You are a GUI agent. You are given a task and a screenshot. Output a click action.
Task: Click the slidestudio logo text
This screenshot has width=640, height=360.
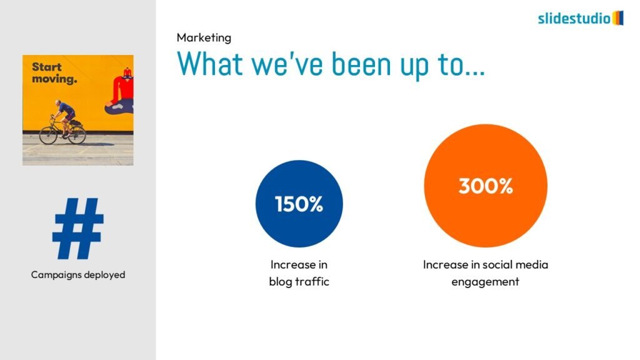pos(574,18)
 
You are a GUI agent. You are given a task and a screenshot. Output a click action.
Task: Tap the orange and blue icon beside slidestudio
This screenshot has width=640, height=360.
pos(618,18)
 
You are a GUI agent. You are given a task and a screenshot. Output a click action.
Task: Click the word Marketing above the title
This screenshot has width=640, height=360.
pos(204,38)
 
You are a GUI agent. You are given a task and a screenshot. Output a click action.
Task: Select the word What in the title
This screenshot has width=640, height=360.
pos(210,64)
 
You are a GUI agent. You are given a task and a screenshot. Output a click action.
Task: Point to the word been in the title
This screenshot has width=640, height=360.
pos(361,64)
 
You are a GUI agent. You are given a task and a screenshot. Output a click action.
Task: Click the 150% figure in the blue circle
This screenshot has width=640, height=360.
pos(299,204)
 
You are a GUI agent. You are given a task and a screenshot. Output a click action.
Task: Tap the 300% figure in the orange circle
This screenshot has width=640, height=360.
pos(486,186)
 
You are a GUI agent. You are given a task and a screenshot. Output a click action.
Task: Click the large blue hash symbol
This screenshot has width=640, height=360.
pos(78,229)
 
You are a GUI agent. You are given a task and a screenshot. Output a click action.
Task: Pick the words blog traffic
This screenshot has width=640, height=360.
pos(299,282)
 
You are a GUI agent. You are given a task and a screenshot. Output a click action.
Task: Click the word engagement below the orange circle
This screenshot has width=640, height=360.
pos(485,282)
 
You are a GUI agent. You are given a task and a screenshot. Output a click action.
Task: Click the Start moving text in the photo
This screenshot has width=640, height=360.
pos(54,72)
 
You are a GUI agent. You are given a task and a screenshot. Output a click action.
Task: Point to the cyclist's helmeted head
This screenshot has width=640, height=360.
pos(59,103)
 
